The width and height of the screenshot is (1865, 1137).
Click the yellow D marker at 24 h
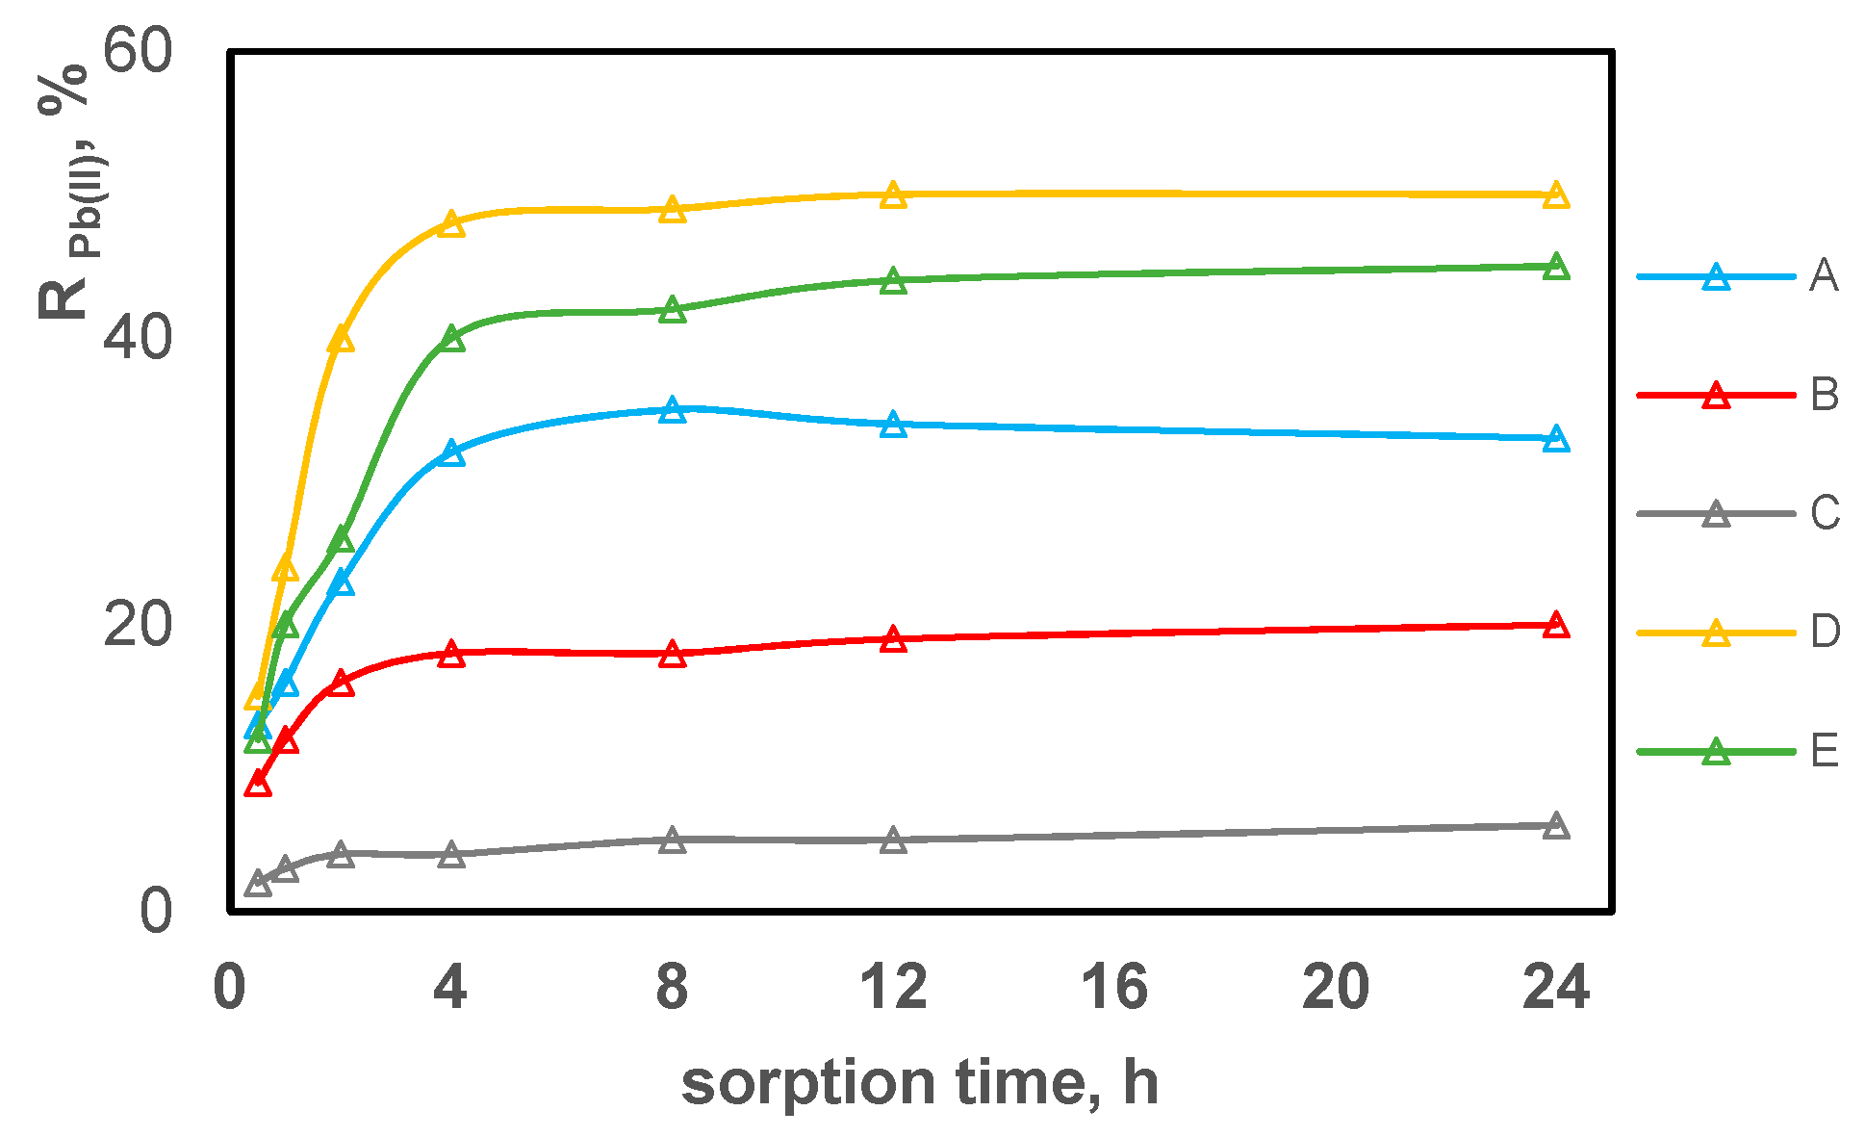point(1555,195)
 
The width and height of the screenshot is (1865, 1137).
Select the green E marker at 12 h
point(893,281)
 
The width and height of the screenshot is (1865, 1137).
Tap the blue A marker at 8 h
point(673,411)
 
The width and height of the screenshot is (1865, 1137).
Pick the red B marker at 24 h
point(1555,626)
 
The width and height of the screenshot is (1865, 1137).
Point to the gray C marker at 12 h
point(893,840)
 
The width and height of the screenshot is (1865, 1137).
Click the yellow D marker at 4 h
point(451,224)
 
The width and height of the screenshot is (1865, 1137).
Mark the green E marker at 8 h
point(673,310)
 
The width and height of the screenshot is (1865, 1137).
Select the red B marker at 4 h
point(451,655)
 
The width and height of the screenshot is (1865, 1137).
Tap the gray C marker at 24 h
point(1555,826)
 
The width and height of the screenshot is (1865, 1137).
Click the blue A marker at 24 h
point(1555,440)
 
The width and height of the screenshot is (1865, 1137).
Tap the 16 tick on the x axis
point(1114,988)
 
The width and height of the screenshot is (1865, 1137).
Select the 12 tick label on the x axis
point(894,988)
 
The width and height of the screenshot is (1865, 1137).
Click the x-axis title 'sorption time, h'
point(919,1083)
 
